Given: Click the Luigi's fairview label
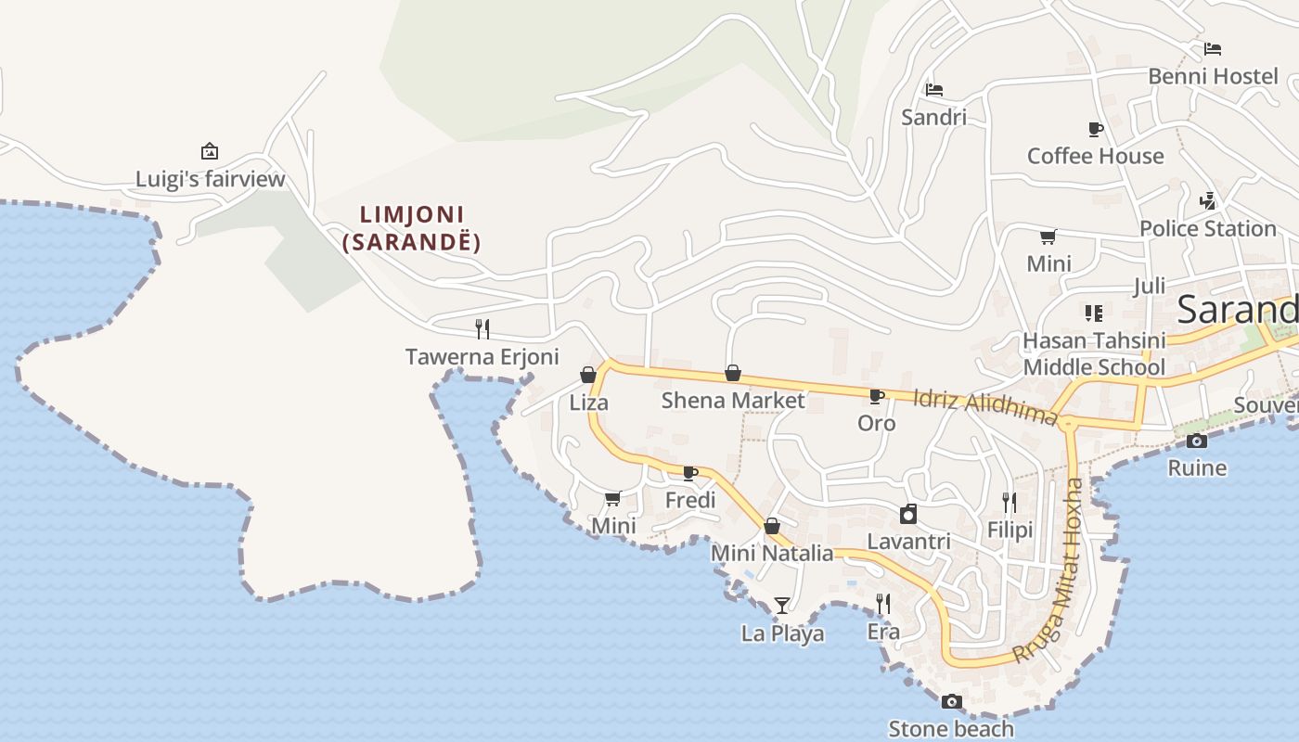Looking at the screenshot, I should click(x=210, y=179).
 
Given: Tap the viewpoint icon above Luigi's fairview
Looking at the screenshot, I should click(x=210, y=151).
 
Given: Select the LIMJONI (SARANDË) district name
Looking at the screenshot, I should click(x=412, y=228).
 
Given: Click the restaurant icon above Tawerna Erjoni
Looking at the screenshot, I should click(x=482, y=328).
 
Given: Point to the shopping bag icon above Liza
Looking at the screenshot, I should click(x=588, y=375).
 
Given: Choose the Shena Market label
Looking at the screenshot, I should click(x=733, y=401).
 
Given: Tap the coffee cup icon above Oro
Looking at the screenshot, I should click(x=876, y=396).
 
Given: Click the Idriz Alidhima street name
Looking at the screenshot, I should click(x=985, y=406).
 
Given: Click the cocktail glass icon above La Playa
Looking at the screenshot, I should click(x=782, y=606).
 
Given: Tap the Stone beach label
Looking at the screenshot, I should click(x=951, y=729).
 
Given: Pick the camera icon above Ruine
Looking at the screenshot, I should click(x=1197, y=441).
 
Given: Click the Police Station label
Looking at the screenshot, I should click(x=1208, y=228).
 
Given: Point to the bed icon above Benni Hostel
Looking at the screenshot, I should click(x=1213, y=49).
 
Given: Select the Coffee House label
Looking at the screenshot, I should click(x=1095, y=156).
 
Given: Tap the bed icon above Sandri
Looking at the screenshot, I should click(x=934, y=90).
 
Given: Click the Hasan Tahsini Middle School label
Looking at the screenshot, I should click(x=1094, y=353).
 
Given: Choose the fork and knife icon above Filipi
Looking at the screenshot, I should click(x=1010, y=503).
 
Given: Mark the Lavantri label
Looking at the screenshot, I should click(x=908, y=541).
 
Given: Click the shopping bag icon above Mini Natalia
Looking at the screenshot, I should click(x=772, y=527).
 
